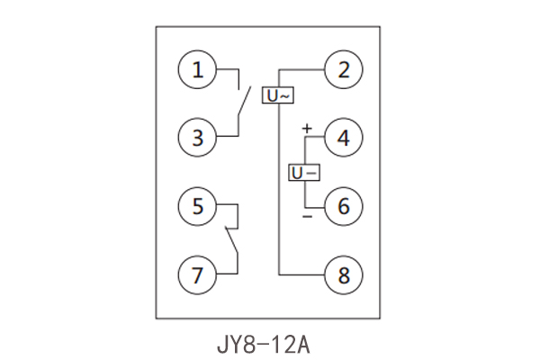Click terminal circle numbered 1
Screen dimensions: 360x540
[x=197, y=70]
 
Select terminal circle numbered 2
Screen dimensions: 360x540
[x=342, y=70]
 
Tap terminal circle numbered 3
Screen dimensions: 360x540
[x=197, y=138]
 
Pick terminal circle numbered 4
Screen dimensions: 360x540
[x=342, y=138]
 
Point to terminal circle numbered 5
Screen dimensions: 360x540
[x=197, y=206]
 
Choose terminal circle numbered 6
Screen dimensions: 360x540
[x=342, y=206]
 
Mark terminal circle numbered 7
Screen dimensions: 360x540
[x=197, y=274]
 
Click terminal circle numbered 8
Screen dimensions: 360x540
[x=342, y=274]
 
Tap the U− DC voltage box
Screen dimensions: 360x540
[x=303, y=172]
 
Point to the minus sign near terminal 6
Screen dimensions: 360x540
[x=307, y=217]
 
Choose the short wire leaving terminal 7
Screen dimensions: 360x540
[x=227, y=274]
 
